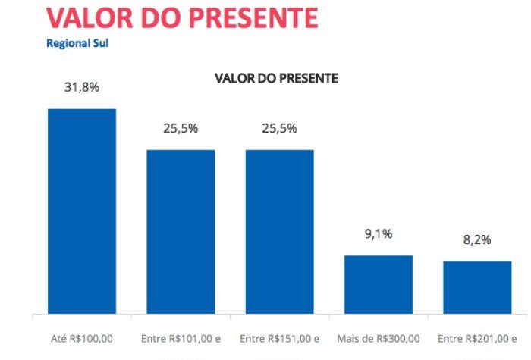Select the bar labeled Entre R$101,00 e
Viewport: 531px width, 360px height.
(181, 231)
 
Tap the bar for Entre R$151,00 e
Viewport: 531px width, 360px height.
(279, 231)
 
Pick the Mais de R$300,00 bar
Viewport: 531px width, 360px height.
(379, 284)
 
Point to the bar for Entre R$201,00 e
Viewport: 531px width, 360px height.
(477, 287)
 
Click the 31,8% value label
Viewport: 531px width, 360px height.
(82, 87)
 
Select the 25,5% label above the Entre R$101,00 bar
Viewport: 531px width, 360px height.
(181, 128)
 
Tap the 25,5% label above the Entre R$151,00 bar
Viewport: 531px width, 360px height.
(279, 128)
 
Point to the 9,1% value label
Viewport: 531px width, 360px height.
(379, 234)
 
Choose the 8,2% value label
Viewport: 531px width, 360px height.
(477, 239)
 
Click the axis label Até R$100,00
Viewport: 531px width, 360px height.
(82, 338)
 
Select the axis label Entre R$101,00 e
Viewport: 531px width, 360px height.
(181, 338)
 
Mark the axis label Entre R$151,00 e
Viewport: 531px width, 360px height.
(279, 338)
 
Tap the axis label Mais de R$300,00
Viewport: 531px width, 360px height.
(379, 338)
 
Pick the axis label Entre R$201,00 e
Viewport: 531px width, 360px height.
(477, 338)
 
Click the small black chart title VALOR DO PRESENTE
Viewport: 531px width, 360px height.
(276, 78)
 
